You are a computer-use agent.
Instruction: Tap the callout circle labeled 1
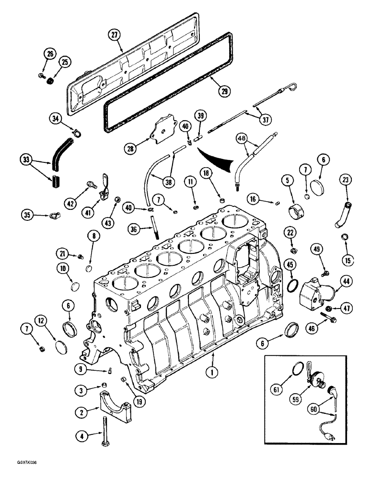coord(209,370)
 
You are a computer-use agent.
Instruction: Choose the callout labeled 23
coord(346,181)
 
